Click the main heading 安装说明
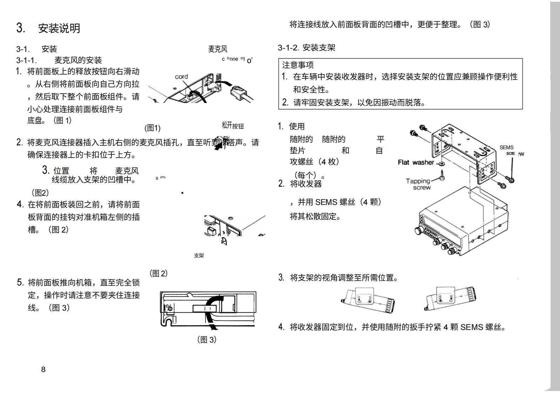(x=59, y=28)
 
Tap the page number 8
(x=43, y=369)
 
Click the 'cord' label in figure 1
(x=181, y=77)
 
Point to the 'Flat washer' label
(x=416, y=162)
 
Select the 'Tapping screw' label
(x=418, y=184)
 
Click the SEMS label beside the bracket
(x=506, y=147)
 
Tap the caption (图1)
(x=153, y=128)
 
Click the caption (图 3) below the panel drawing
(x=207, y=339)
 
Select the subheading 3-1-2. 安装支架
(x=306, y=48)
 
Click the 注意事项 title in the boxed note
(x=298, y=65)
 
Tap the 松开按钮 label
(x=232, y=125)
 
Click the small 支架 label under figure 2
(x=199, y=256)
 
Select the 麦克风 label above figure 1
(x=217, y=49)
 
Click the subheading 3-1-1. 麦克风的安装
(x=59, y=60)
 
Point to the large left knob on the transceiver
(x=418, y=230)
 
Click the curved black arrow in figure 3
(x=210, y=312)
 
